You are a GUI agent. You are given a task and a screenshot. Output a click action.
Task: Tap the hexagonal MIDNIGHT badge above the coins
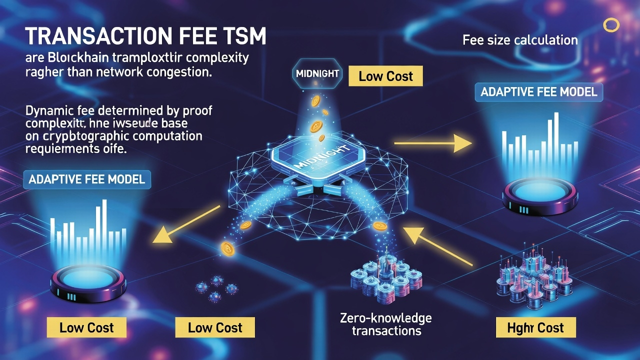pos(317,74)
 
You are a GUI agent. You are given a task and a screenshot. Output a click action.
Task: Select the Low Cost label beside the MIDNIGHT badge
pos(386,76)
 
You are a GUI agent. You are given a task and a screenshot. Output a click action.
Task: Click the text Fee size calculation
pos(520,40)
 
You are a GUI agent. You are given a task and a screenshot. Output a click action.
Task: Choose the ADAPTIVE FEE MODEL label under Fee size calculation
pos(538,92)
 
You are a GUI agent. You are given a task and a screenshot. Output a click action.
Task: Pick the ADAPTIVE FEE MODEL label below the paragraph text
pos(87,179)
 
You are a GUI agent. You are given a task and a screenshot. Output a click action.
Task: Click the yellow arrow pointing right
pos(433,143)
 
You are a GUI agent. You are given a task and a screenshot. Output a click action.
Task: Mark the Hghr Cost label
pos(535,328)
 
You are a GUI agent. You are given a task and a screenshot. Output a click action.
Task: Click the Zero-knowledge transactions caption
pos(385,324)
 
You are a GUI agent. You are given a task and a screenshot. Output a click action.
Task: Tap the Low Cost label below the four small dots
pos(215,328)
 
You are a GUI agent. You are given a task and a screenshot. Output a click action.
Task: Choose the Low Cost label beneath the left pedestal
pos(86,328)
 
